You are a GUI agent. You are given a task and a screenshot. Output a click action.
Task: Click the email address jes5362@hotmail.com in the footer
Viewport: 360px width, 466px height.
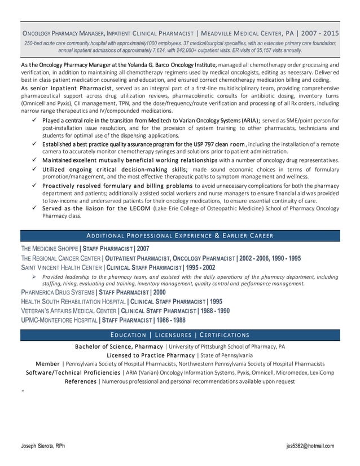pos(310,446)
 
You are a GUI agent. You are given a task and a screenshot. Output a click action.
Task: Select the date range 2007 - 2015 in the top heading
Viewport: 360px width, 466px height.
pos(324,33)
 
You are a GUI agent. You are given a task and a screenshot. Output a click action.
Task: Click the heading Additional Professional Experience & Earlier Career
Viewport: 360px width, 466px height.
pos(180,235)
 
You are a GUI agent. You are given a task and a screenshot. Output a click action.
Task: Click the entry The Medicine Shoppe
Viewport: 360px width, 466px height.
pos(49,249)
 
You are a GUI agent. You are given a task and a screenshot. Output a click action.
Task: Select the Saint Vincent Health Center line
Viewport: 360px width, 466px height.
pos(118,267)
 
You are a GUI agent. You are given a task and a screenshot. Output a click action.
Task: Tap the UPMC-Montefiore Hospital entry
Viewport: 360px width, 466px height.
pos(103,320)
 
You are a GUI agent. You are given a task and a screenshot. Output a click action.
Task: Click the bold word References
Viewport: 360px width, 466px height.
pos(81,381)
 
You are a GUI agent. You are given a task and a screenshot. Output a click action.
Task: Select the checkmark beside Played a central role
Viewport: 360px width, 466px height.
pos(35,120)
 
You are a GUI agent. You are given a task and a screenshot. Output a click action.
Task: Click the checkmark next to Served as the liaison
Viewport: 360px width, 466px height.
pos(35,208)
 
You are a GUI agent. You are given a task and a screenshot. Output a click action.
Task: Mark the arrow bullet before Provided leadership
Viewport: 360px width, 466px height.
pos(34,277)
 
